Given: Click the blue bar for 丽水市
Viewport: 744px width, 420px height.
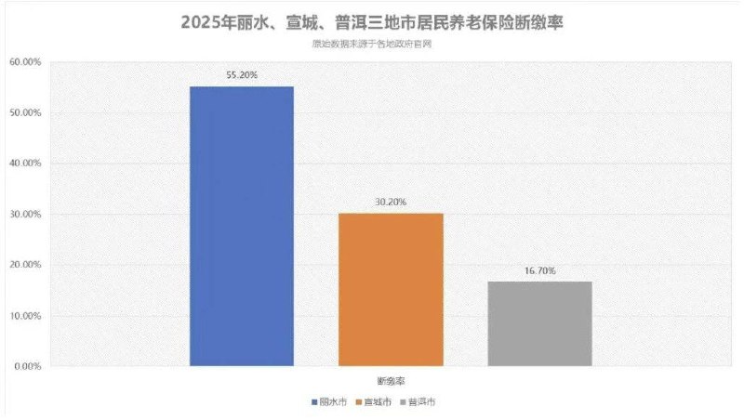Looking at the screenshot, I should click(x=242, y=226).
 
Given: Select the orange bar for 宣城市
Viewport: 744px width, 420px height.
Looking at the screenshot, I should click(x=391, y=289).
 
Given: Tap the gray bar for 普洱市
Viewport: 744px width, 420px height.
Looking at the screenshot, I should click(x=539, y=323).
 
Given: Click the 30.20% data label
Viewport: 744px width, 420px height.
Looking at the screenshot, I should click(x=391, y=202).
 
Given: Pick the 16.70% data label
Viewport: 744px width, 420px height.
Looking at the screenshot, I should click(x=539, y=270).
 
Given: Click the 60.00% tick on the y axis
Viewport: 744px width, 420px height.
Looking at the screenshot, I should click(x=25, y=62).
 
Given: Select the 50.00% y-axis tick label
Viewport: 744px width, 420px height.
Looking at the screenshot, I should click(x=25, y=113).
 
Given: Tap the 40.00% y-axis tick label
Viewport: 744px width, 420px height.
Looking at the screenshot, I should click(x=25, y=164).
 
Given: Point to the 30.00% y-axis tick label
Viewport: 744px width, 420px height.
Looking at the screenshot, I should click(x=25, y=215).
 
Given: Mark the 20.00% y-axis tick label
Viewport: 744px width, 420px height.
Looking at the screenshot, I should click(x=25, y=265).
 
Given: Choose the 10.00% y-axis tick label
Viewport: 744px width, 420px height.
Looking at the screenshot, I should click(x=25, y=316).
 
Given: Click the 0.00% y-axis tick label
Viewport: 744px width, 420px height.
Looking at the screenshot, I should click(x=27, y=366).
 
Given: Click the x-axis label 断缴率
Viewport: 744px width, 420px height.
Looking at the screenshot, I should click(x=391, y=381).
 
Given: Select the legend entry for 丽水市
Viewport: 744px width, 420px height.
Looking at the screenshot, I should click(x=332, y=402).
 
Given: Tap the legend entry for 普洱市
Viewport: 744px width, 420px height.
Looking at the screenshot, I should click(x=420, y=402).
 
